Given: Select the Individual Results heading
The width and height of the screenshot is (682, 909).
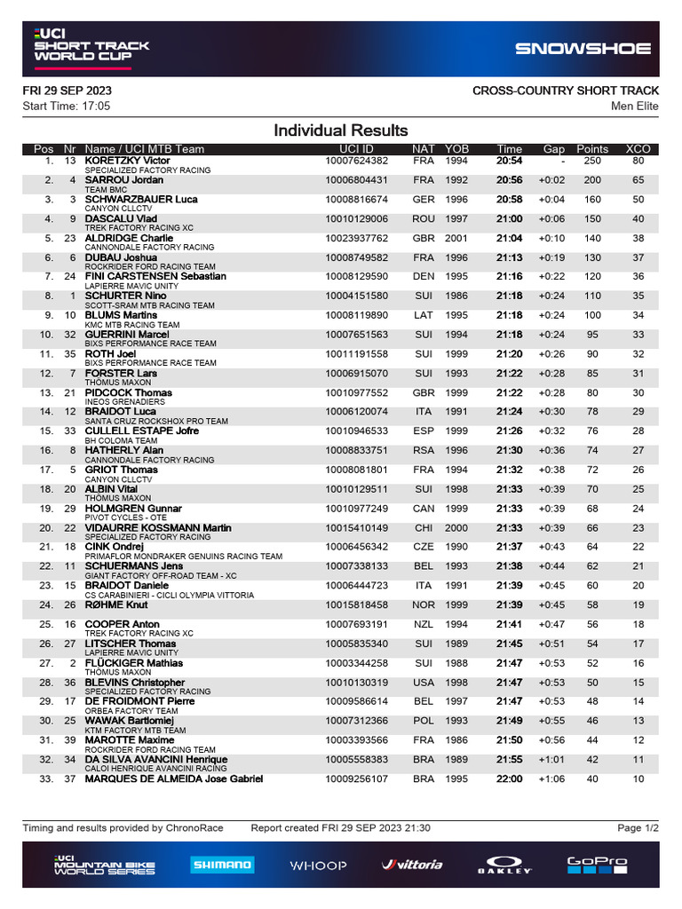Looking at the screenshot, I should (341, 130).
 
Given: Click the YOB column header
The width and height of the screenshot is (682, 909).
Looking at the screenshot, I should (456, 149).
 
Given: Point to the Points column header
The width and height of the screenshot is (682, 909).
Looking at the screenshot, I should (592, 149).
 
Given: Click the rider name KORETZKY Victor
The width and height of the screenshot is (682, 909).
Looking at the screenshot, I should (127, 161).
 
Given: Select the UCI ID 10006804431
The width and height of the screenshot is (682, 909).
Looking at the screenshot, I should (356, 180).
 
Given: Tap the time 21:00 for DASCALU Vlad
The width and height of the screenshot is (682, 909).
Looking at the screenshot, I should (509, 219).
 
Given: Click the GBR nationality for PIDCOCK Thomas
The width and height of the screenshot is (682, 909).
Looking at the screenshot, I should (424, 393).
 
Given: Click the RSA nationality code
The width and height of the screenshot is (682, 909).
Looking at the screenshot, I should (424, 451).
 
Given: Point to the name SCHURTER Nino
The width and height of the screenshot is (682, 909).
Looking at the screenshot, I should (125, 296).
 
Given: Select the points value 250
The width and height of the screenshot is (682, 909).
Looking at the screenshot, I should (591, 161).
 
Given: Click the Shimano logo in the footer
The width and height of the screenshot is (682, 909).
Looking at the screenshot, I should (222, 864).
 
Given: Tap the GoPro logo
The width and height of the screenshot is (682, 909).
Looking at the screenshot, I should (597, 864).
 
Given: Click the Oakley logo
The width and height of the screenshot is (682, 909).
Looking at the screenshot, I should (505, 865).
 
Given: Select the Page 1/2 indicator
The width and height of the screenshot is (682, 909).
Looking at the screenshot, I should (638, 828).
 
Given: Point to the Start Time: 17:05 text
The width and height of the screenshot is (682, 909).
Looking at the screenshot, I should (67, 107).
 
